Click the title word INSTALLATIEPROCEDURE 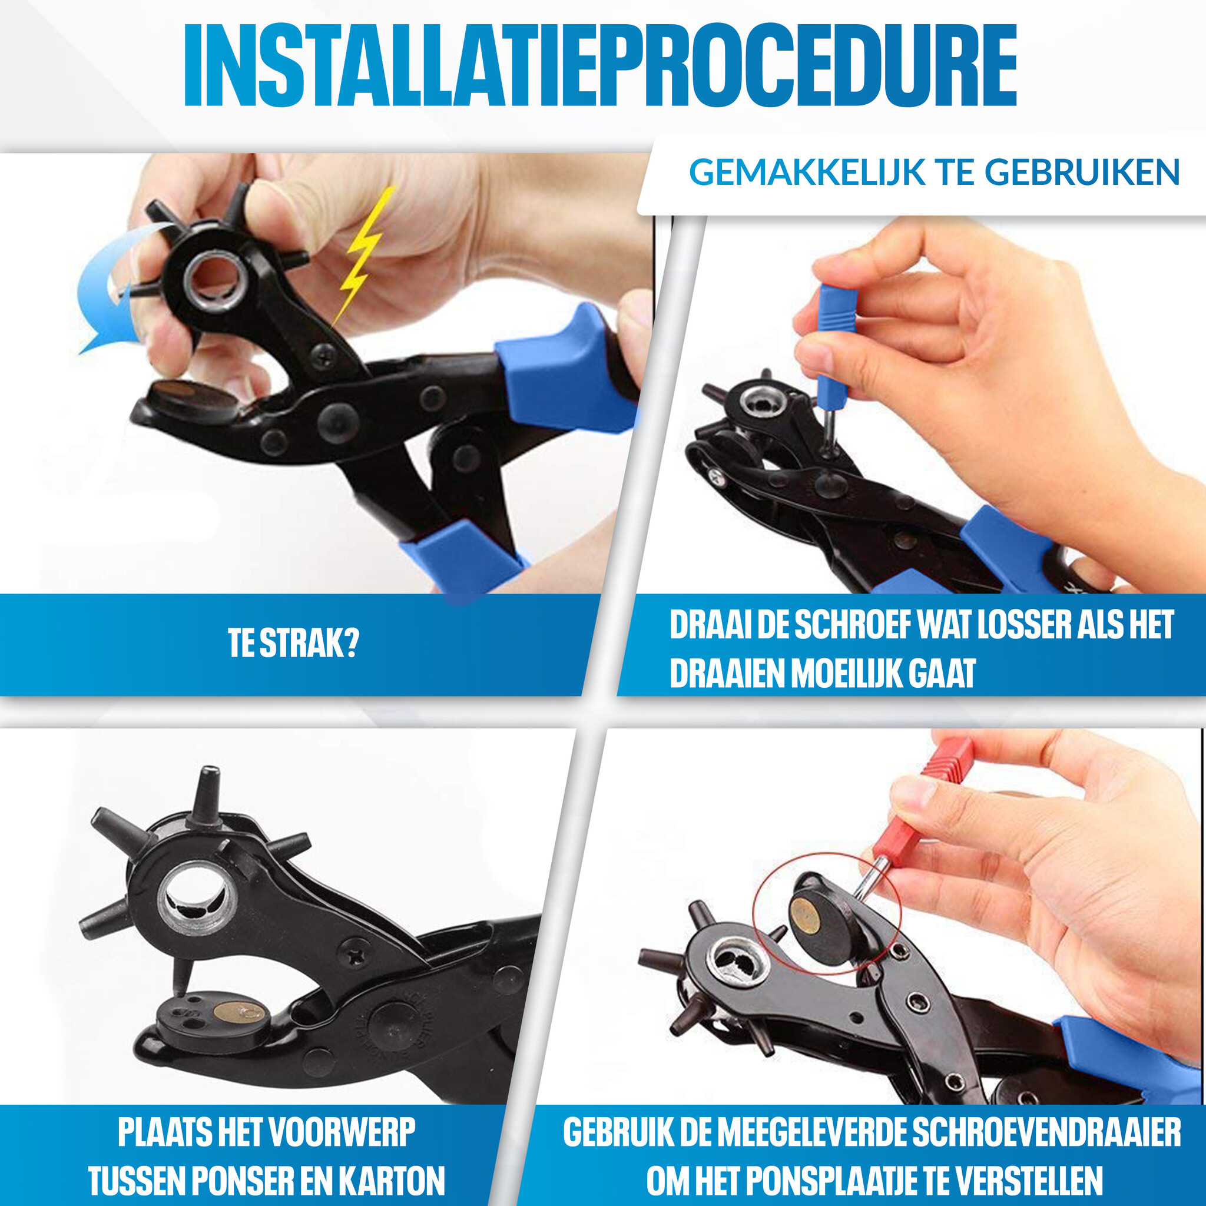click(601, 66)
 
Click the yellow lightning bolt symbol click(363, 256)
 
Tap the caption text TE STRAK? click(293, 644)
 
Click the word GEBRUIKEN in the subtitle click(1083, 173)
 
